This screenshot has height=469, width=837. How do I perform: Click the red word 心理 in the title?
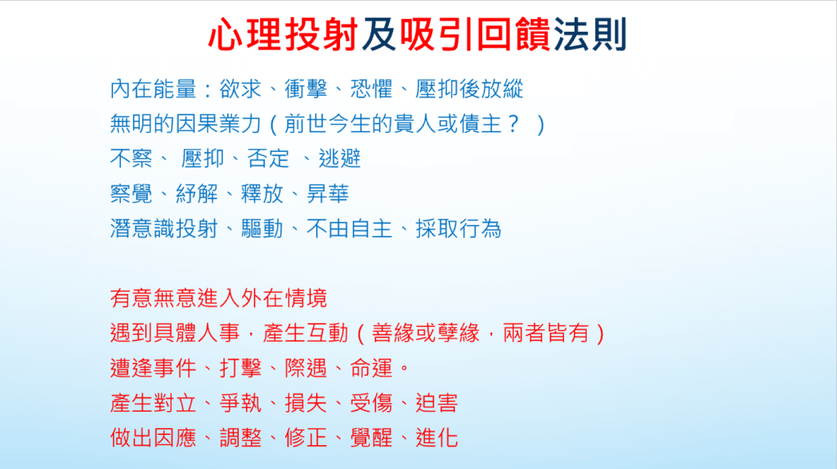tap(245, 34)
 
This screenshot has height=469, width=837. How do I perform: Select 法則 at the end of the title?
tap(590, 34)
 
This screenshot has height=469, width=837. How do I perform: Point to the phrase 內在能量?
tap(153, 89)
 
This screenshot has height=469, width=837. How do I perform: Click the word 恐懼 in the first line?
tap(371, 89)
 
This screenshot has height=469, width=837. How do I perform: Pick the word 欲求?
tap(240, 89)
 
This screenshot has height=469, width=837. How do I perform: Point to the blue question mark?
tap(513, 124)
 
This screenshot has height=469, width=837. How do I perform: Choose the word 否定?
tap(268, 159)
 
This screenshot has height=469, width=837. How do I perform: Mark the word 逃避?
tap(339, 159)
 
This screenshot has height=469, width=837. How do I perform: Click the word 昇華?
tap(327, 194)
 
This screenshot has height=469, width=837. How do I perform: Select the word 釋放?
tap(262, 194)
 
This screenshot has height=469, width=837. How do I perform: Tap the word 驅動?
tap(262, 229)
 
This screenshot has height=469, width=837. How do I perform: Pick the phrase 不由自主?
tap(349, 229)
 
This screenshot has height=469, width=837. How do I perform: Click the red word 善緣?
tap(393, 333)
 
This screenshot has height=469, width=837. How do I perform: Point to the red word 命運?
tap(371, 368)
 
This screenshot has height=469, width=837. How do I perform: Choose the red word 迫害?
tap(436, 404)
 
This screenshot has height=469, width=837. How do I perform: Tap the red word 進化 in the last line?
tap(436, 438)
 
